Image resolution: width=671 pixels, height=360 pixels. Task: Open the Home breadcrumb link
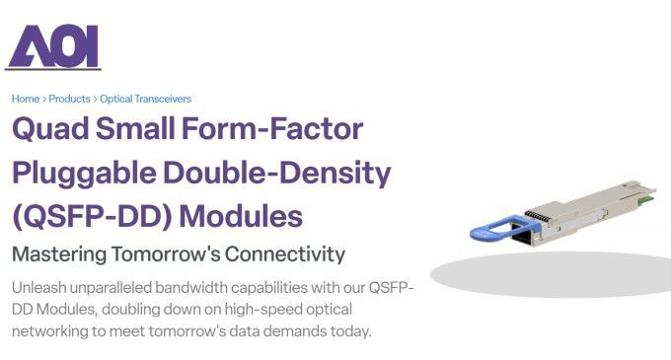[x=26, y=99]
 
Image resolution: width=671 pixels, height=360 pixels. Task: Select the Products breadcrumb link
[x=69, y=99]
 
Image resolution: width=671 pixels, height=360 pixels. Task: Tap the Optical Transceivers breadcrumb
[x=145, y=99]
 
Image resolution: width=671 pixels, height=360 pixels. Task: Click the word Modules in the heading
[x=247, y=215]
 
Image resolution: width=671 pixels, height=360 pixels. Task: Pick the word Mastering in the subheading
[x=58, y=253]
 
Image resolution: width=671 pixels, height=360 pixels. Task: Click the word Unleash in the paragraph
[x=39, y=287]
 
